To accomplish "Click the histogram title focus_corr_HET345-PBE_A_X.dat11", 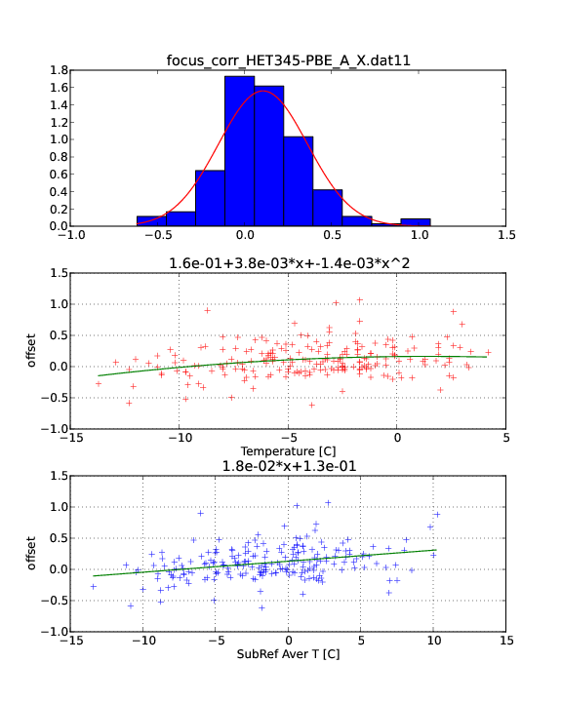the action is [x=288, y=60].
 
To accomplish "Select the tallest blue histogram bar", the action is [x=240, y=151].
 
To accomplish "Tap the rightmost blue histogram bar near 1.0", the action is [x=416, y=222].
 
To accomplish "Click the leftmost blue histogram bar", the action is [x=151, y=220].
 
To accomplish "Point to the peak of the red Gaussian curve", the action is [x=263, y=91].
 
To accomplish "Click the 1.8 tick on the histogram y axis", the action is [x=59, y=70].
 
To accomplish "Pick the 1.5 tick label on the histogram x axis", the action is [x=506, y=235].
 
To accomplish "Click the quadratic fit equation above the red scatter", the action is [x=289, y=263].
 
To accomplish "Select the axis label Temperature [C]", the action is [x=288, y=451].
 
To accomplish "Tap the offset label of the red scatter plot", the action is [x=31, y=350].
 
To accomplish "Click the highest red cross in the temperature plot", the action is [x=359, y=300].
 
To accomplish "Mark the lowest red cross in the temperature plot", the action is [x=312, y=406].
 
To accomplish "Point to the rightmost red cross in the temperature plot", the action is [x=488, y=352].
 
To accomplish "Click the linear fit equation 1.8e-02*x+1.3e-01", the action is [x=289, y=466].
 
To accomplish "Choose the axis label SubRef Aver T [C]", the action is [x=288, y=654].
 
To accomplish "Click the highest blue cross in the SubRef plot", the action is [x=328, y=503].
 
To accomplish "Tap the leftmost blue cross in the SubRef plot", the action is [x=94, y=587].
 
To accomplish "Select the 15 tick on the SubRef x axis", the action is [x=506, y=641].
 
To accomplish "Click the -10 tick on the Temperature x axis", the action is [x=180, y=438].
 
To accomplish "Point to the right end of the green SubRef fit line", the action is [x=435, y=550].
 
